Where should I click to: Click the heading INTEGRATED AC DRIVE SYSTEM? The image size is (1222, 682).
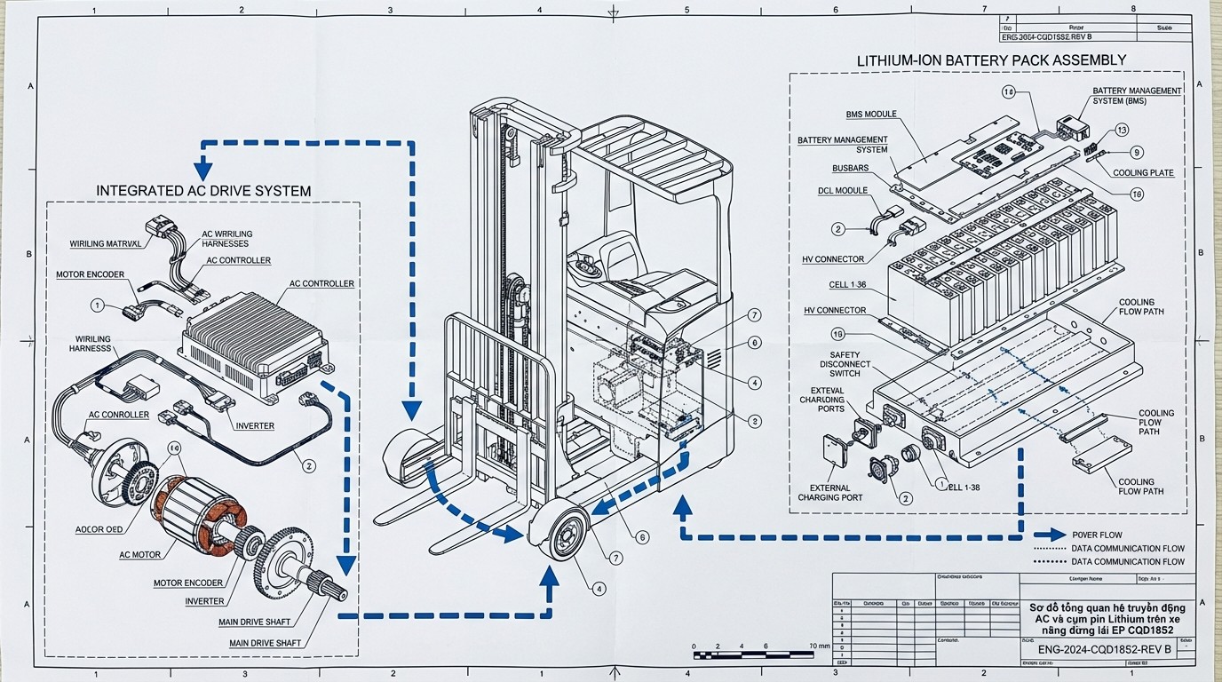[203, 191]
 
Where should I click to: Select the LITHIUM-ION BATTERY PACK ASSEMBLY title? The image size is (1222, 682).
[991, 59]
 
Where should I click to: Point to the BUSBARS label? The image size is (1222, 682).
[850, 168]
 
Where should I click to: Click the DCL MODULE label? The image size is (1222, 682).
[842, 191]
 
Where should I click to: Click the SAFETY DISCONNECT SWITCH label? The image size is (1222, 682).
[839, 364]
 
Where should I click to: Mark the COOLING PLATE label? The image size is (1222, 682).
[1143, 173]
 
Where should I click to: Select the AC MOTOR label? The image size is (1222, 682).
[140, 555]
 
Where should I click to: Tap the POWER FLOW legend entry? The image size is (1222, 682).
[1096, 535]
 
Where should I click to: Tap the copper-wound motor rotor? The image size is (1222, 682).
[198, 507]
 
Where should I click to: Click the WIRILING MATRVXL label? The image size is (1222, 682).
[105, 243]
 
